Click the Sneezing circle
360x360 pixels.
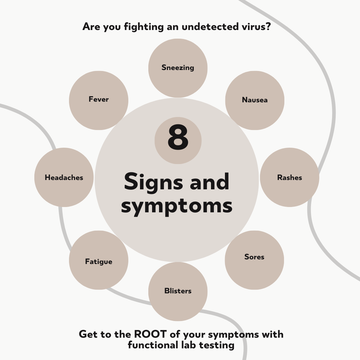178,68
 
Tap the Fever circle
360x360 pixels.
99,100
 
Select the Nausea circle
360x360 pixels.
255,100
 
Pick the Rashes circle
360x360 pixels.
289,178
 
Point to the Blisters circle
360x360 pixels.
178,291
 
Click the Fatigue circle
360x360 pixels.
99,260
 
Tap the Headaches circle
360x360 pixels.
64,178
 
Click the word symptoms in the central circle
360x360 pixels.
177,206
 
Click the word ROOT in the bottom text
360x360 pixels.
148,334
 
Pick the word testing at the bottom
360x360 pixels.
217,345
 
